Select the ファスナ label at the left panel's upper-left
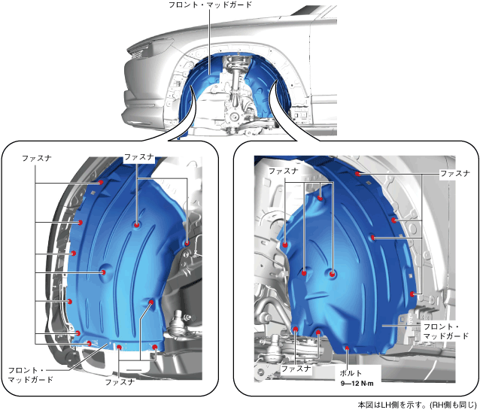(37, 159)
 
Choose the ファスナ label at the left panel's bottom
(120, 381)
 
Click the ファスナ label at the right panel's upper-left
(284, 171)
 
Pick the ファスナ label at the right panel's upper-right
(455, 173)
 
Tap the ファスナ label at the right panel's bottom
(296, 369)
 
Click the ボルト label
(349, 372)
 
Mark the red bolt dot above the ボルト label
(345, 348)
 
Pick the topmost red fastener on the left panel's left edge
(100, 181)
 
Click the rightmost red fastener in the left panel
(186, 243)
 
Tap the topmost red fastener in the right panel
(359, 174)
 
